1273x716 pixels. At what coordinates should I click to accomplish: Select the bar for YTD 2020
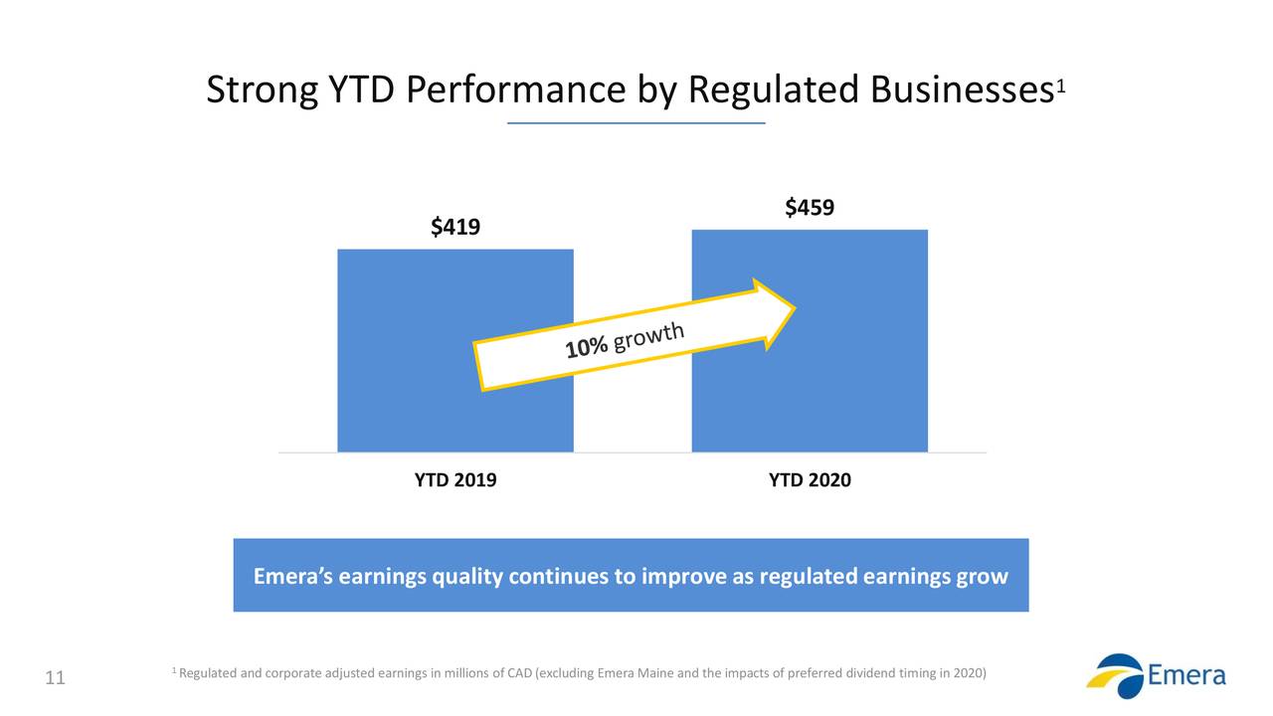855,398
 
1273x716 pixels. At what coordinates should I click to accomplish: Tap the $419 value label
455,228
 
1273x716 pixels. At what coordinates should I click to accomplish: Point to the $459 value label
809,208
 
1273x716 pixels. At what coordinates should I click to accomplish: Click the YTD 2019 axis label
455,480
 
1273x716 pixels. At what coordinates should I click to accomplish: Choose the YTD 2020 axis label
810,480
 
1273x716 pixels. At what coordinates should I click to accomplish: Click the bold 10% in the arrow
586,346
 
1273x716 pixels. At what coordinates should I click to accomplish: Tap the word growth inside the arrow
648,335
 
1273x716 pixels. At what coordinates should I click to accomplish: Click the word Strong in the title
262,91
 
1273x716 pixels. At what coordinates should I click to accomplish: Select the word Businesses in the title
962,91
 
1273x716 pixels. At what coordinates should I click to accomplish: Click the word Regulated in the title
773,91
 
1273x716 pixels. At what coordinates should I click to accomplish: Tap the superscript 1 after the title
1061,86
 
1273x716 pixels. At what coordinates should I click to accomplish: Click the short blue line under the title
636,123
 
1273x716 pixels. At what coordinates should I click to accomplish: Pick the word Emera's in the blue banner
293,577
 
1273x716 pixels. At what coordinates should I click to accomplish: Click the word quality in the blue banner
466,577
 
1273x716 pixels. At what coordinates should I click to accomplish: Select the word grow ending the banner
982,577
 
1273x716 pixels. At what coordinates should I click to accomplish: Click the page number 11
56,679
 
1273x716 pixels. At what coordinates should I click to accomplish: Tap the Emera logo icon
1115,676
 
